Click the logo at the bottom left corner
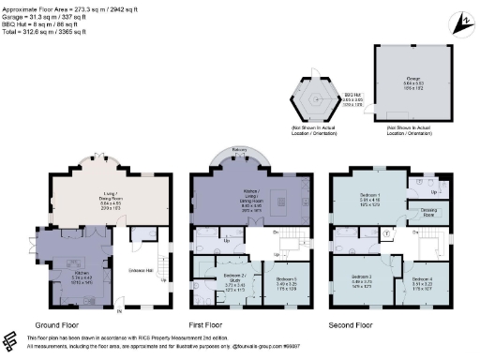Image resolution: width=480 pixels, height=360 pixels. (11, 341)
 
